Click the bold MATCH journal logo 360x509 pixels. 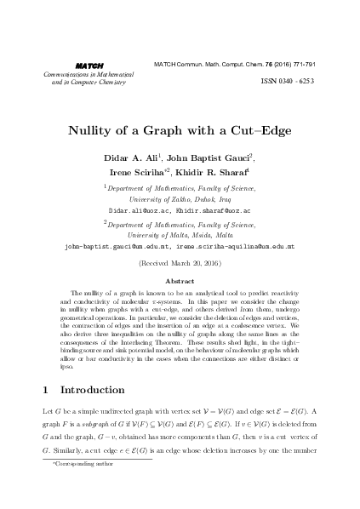(83, 65)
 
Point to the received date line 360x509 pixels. (180, 264)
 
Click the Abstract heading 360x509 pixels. (180, 280)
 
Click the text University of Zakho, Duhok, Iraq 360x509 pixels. (180, 197)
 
